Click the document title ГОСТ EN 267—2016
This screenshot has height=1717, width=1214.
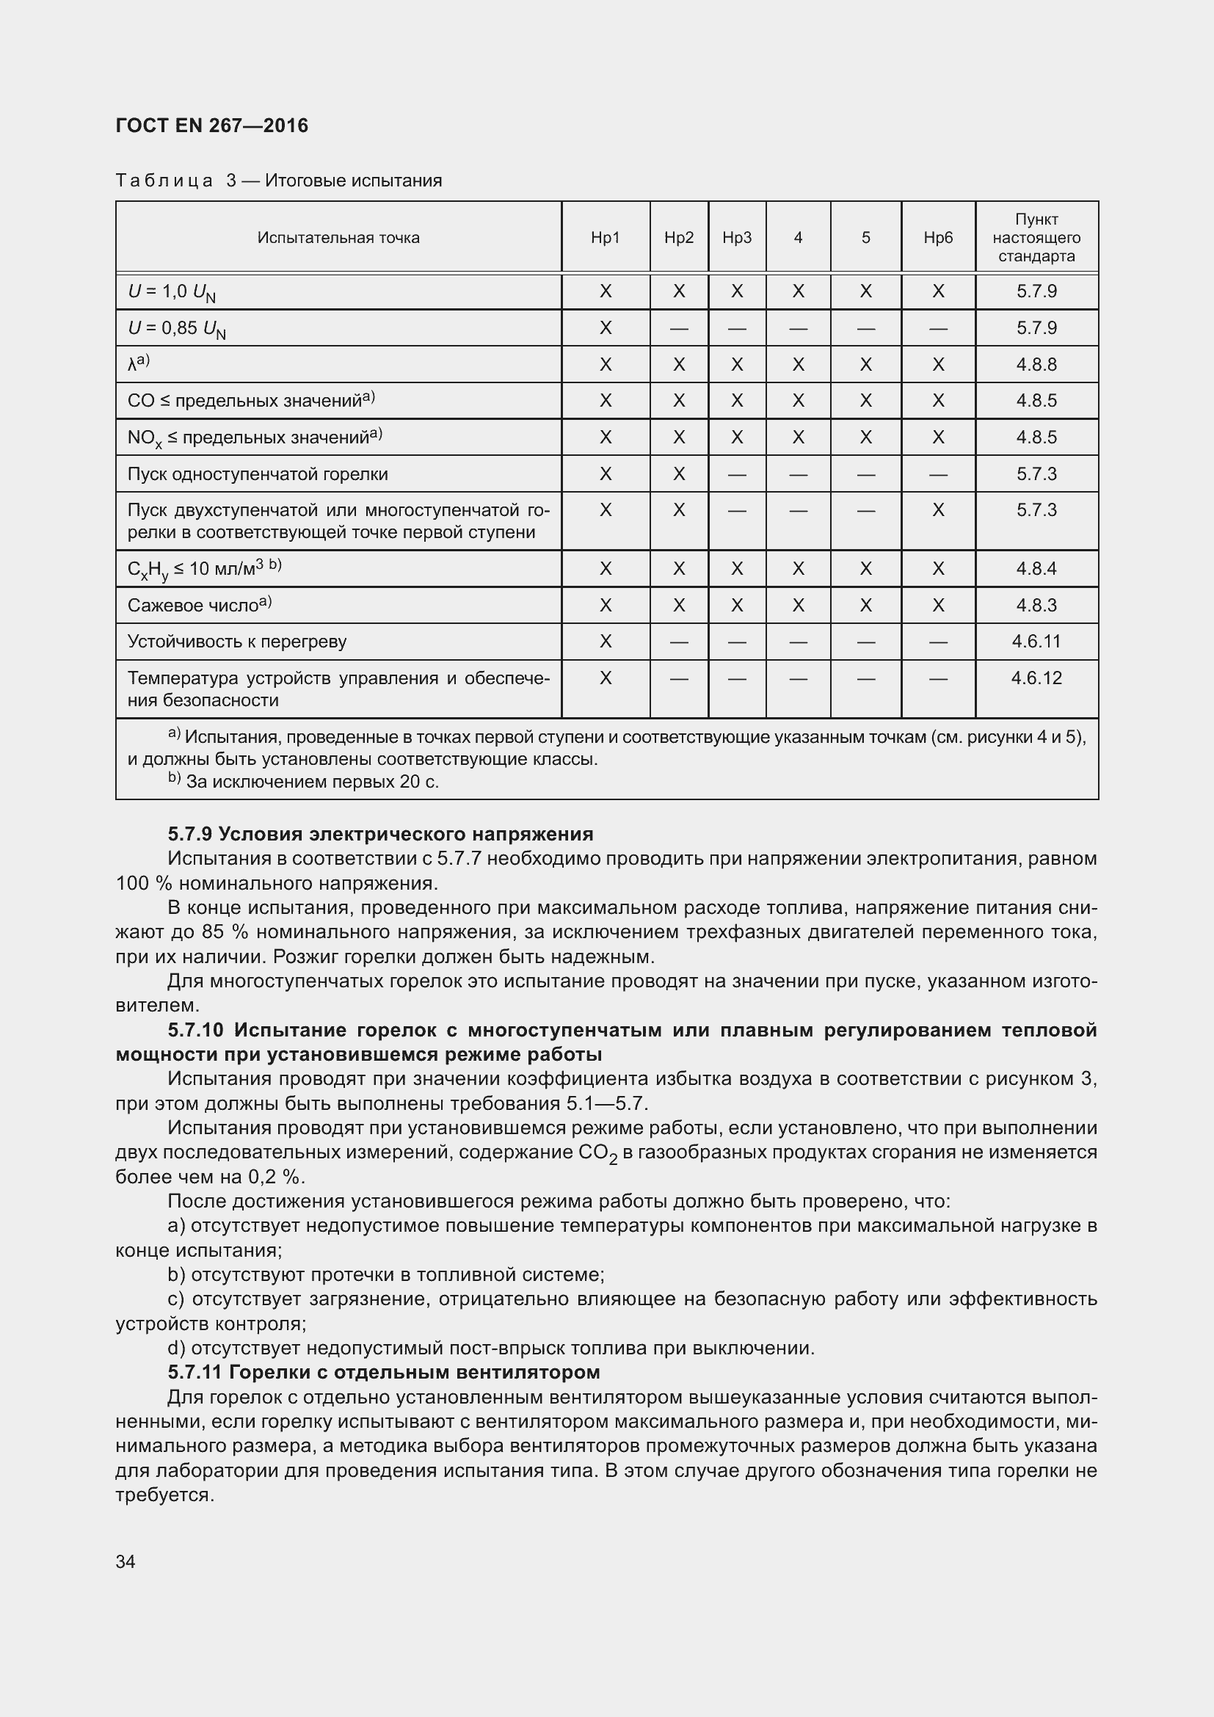(x=211, y=126)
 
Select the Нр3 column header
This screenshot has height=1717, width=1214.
(x=736, y=238)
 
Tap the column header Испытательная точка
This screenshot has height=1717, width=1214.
(x=338, y=238)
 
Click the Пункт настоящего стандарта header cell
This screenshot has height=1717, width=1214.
(x=1036, y=238)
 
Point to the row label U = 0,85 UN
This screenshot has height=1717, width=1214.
(x=176, y=328)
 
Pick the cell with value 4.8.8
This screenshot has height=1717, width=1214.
(x=1036, y=364)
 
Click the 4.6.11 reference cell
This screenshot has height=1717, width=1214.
(x=1036, y=641)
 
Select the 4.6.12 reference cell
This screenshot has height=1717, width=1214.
(x=1036, y=678)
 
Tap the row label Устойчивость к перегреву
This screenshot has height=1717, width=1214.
(x=237, y=642)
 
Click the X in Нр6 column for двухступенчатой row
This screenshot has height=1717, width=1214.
(x=938, y=510)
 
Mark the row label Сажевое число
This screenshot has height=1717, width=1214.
(x=199, y=605)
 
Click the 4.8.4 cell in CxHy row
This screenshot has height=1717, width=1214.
(x=1036, y=568)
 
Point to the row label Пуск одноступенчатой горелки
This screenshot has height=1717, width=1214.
(x=257, y=474)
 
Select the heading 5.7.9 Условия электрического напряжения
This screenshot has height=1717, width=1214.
(x=379, y=834)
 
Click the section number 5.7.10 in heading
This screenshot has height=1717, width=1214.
(x=195, y=1030)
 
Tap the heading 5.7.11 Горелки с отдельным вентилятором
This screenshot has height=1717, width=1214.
(x=383, y=1372)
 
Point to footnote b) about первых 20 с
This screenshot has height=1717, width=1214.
(x=302, y=782)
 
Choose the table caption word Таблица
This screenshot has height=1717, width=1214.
(x=164, y=181)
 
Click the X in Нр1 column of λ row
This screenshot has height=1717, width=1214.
(x=606, y=364)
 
